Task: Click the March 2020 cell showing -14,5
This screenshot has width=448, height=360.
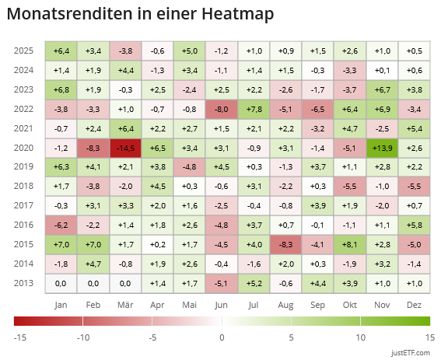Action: [x=125, y=147]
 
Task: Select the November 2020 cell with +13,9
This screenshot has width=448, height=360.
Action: [x=382, y=147]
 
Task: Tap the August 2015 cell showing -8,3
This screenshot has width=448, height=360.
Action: [x=285, y=244]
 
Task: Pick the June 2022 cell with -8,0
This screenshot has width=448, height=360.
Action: [x=222, y=108]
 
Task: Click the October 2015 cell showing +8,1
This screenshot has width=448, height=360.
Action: [x=350, y=244]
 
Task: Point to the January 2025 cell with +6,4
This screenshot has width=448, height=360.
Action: [x=61, y=51]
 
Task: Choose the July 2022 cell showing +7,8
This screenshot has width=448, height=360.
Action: [x=254, y=108]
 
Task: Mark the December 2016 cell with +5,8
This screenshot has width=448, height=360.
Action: [x=414, y=225]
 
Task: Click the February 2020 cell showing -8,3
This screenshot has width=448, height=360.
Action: [x=93, y=147]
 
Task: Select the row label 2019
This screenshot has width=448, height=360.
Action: [x=23, y=166]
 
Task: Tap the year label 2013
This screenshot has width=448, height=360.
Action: [x=23, y=283]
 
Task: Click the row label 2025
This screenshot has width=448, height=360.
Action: [x=23, y=51]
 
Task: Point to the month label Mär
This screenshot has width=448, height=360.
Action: [x=125, y=304]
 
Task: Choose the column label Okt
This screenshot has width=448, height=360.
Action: [x=350, y=304]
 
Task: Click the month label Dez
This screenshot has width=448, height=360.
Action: [x=414, y=304]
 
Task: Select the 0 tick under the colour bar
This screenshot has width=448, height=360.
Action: [x=222, y=337]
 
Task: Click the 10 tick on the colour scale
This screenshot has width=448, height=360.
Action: [x=360, y=337]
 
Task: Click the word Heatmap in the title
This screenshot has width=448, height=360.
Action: [x=231, y=15]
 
